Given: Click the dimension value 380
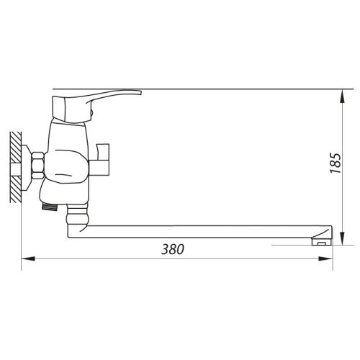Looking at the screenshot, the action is point(173,249).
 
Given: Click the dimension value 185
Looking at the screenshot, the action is point(336,163).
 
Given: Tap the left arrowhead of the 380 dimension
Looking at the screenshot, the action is point(28,258).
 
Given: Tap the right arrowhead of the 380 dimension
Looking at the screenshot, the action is point(325,258).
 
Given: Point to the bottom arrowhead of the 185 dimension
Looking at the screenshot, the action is point(343,238).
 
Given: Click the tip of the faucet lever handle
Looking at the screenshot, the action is point(141,92).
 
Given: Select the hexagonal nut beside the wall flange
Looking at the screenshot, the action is point(38,166).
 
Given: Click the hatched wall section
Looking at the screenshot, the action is point(16,167).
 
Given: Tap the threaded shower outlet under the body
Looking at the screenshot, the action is point(50,207).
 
